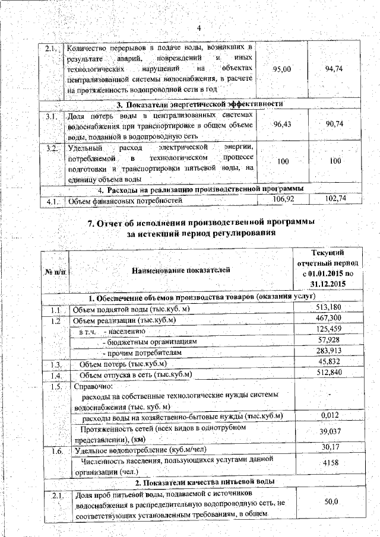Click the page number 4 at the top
pyautogui.click(x=199, y=28)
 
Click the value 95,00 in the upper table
pyautogui.click(x=281, y=69)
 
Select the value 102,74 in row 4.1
pyautogui.click(x=336, y=199)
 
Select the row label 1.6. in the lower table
pyautogui.click(x=56, y=451)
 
